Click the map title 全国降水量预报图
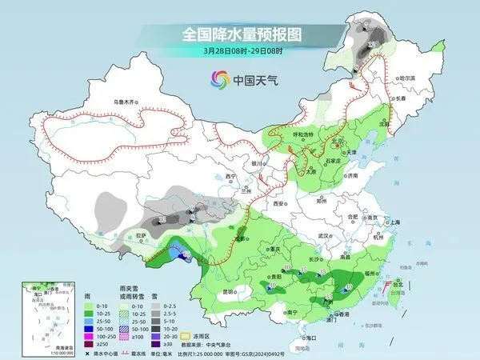(240, 36)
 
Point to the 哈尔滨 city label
(408, 78)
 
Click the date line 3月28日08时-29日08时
(240, 51)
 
